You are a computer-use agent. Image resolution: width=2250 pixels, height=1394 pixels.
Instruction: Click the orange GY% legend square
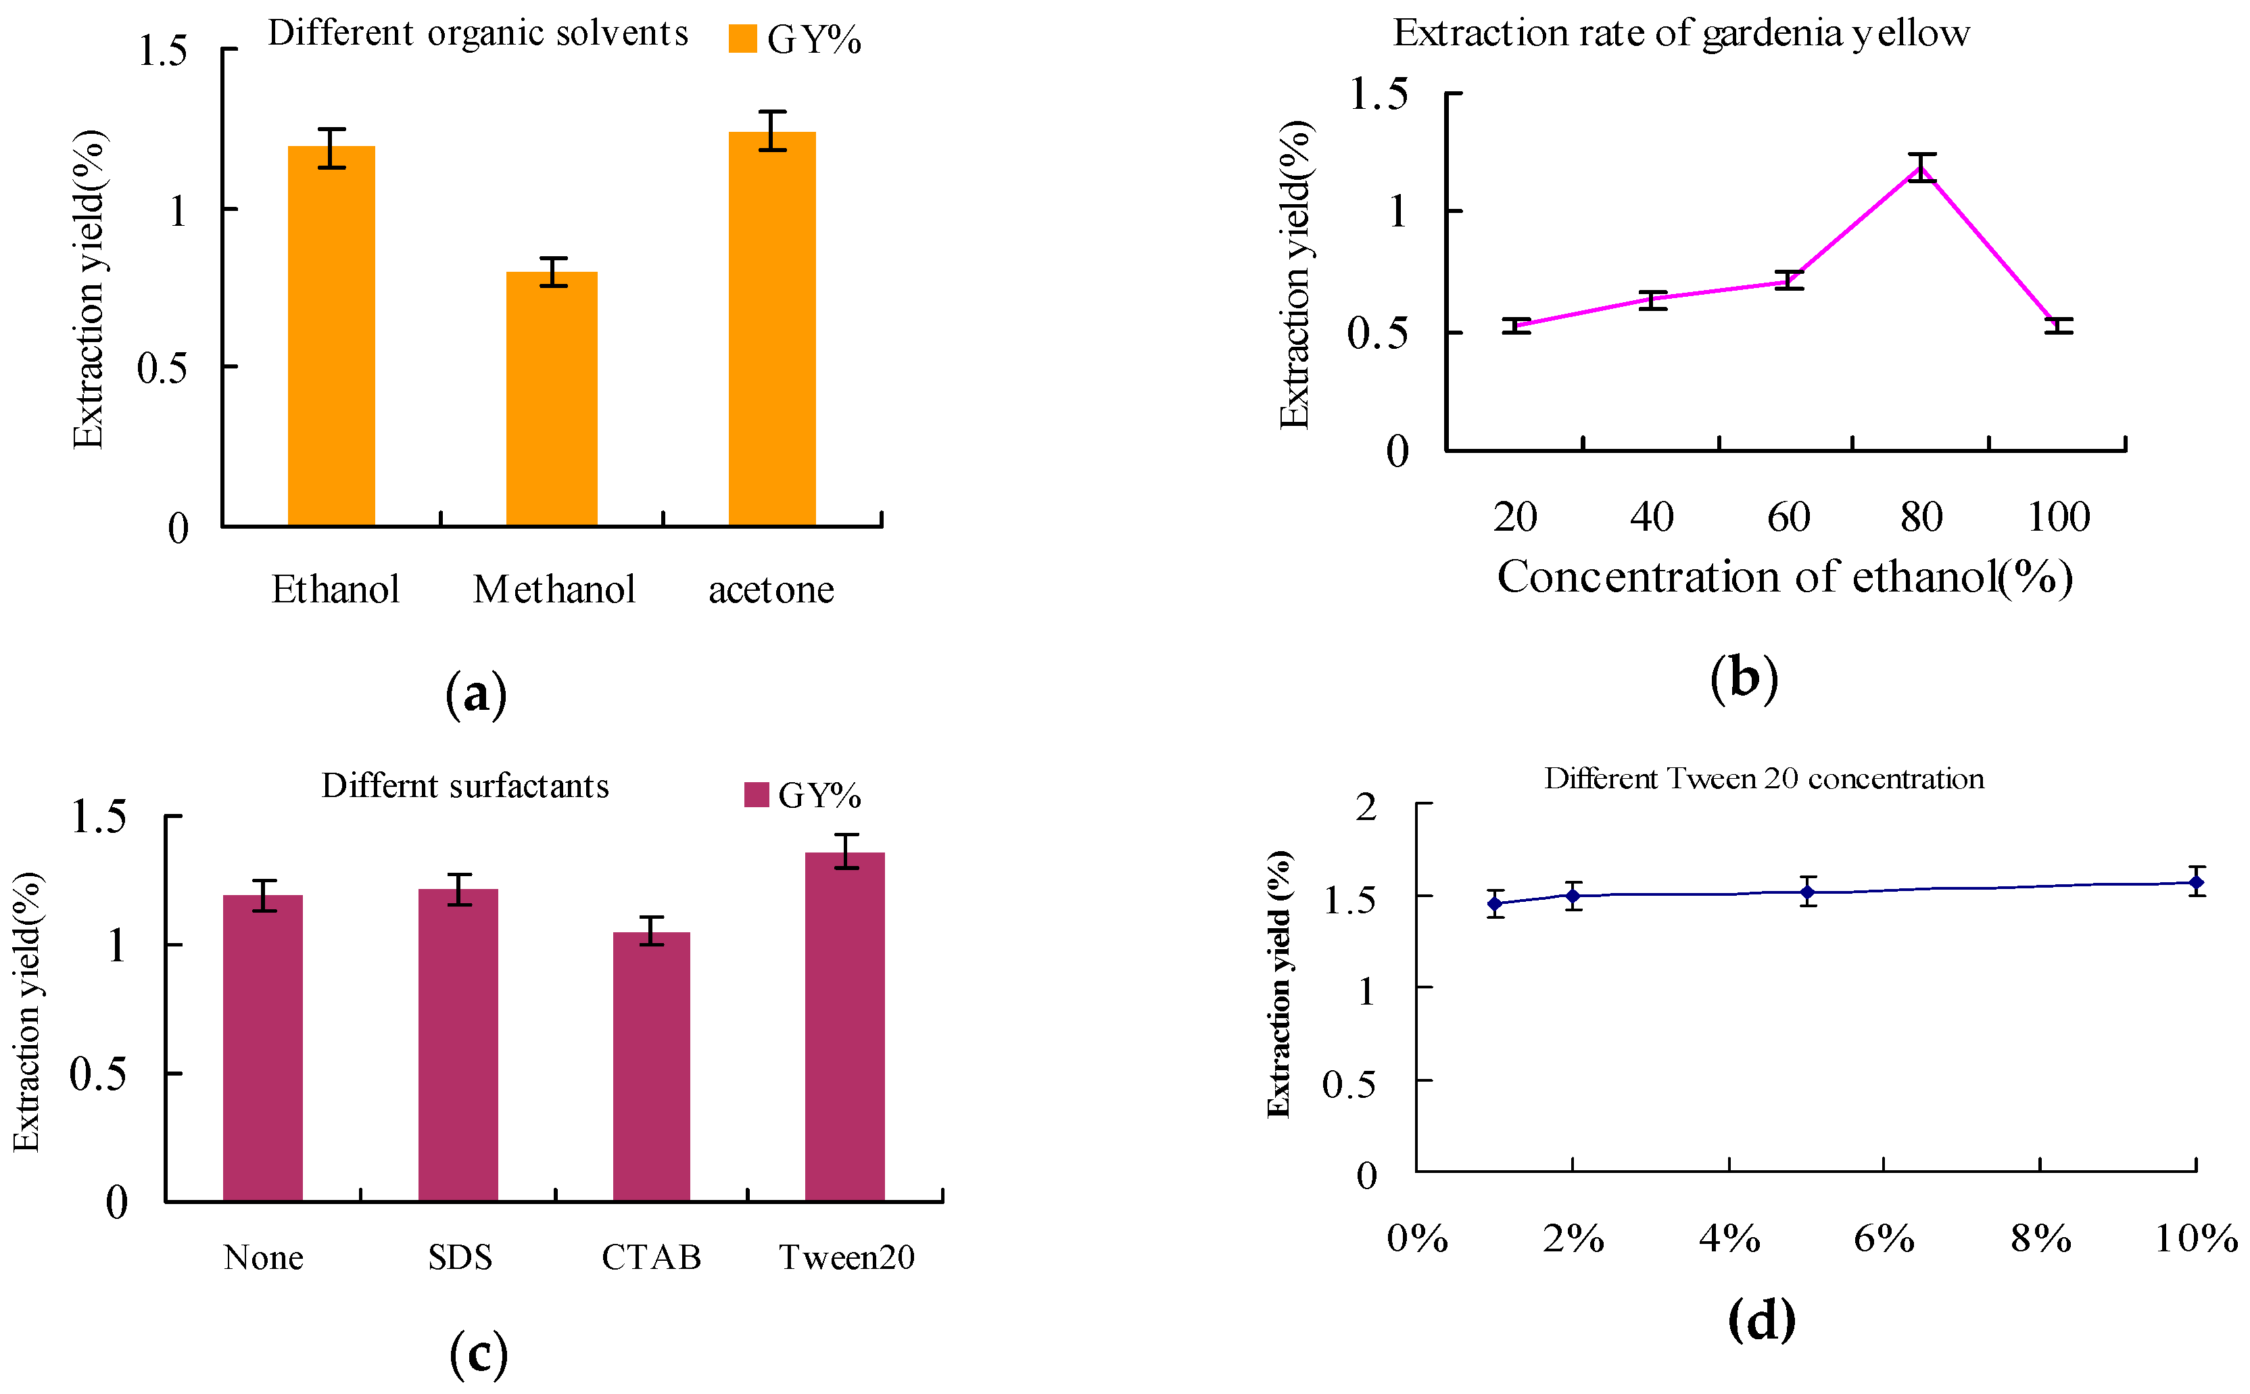pyautogui.click(x=742, y=39)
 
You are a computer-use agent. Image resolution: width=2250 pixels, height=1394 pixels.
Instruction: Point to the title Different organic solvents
pyautogui.click(x=477, y=33)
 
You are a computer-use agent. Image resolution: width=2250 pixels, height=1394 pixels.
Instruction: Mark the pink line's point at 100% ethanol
pyautogui.click(x=2057, y=325)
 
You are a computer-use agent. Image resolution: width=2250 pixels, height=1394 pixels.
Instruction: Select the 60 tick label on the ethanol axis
pyautogui.click(x=1788, y=517)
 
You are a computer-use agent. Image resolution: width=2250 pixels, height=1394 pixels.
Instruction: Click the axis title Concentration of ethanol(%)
pyautogui.click(x=1784, y=577)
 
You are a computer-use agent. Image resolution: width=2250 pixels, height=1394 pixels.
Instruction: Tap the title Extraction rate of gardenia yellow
pyautogui.click(x=1680, y=33)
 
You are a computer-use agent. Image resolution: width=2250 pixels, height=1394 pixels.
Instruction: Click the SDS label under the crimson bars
pyautogui.click(x=460, y=1257)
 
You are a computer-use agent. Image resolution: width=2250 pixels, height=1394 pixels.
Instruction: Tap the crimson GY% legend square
pyautogui.click(x=756, y=795)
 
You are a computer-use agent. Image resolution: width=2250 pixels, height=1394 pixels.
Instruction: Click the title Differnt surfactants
pyautogui.click(x=464, y=786)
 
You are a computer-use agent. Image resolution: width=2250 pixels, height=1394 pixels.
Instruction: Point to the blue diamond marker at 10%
pyautogui.click(x=2196, y=882)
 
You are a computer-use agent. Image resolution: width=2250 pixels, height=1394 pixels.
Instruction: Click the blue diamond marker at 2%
pyautogui.click(x=1573, y=895)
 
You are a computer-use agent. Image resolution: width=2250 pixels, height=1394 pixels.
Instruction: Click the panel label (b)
pyautogui.click(x=1743, y=679)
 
